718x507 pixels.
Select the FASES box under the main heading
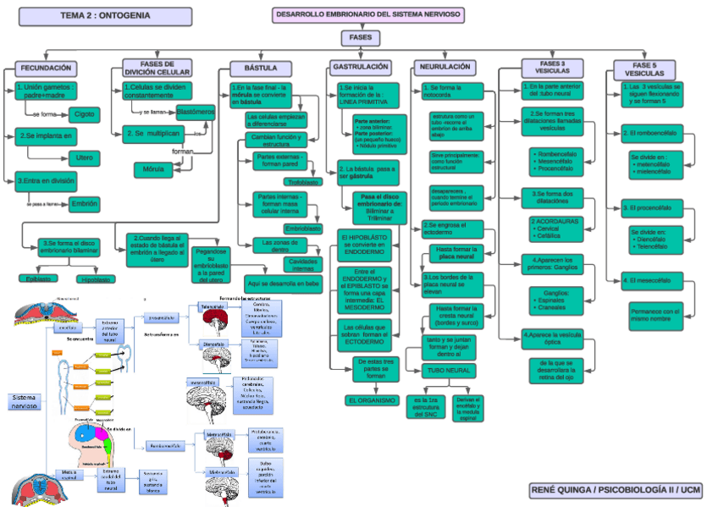pyautogui.click(x=359, y=38)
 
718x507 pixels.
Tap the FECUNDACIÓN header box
pyautogui.click(x=47, y=68)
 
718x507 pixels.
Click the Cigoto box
pyautogui.click(x=84, y=113)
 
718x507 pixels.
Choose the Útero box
pyautogui.click(x=84, y=157)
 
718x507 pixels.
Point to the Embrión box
pyautogui.click(x=84, y=203)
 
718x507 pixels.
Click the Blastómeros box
pyautogui.click(x=196, y=112)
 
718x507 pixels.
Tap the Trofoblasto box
pyautogui.click(x=302, y=182)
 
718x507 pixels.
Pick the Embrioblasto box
pyautogui.click(x=302, y=229)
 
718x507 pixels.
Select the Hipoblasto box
pyautogui.click(x=96, y=278)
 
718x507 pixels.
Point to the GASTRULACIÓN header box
pyautogui.click(x=361, y=66)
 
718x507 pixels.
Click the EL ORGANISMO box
pyautogui.click(x=372, y=400)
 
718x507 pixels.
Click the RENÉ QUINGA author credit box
pyautogui.click(x=616, y=490)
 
